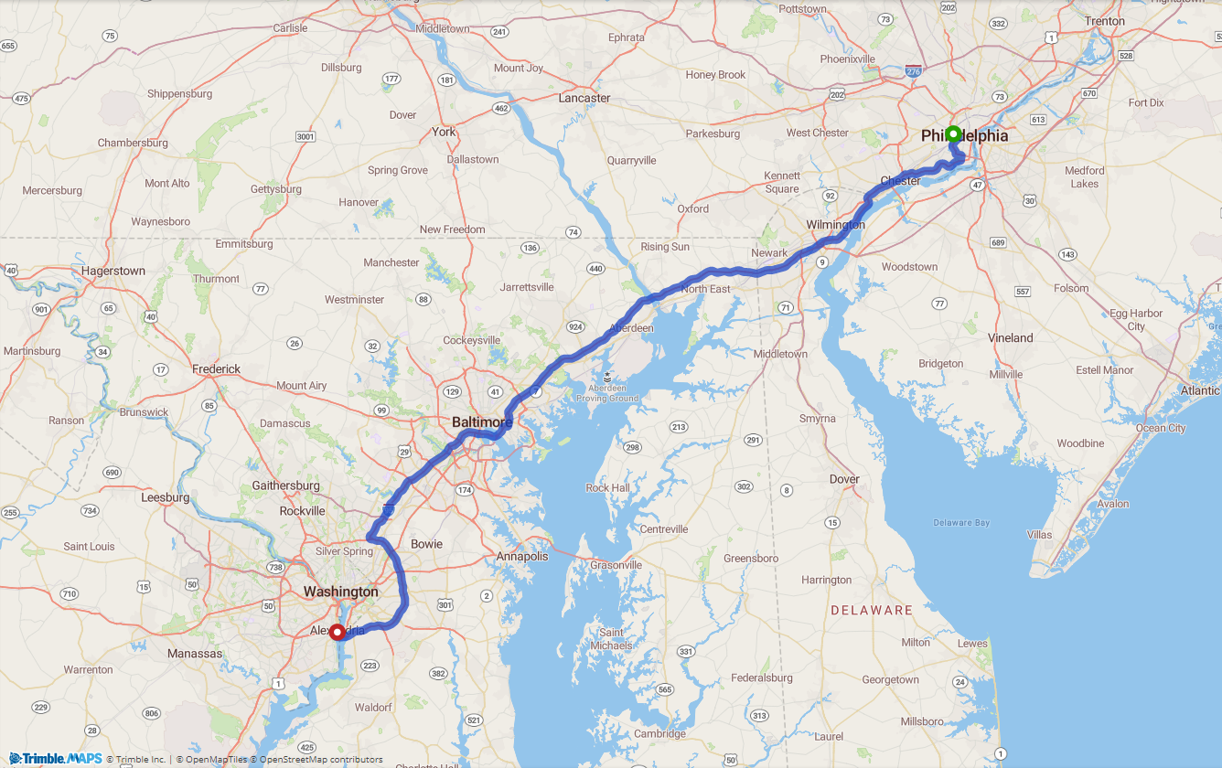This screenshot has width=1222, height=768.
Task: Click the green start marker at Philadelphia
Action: (x=952, y=133)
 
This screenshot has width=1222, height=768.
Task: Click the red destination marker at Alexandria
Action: (x=337, y=632)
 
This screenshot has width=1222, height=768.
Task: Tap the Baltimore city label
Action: (x=481, y=422)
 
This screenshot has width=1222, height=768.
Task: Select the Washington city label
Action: (x=340, y=592)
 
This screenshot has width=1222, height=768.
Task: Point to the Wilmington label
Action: (x=835, y=225)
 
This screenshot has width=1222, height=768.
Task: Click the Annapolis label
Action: (x=522, y=557)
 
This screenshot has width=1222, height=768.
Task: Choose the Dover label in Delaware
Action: (x=844, y=479)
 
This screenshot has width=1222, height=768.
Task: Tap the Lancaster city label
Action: (x=584, y=98)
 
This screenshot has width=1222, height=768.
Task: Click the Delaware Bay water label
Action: (x=961, y=523)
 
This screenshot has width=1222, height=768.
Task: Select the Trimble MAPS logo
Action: (x=56, y=759)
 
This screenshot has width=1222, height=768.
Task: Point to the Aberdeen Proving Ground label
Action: (x=606, y=392)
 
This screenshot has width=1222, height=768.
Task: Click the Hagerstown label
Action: (x=113, y=271)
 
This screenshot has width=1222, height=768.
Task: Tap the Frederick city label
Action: (x=216, y=369)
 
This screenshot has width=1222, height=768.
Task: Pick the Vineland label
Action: (x=1010, y=337)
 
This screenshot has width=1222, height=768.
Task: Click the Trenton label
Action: (x=1104, y=21)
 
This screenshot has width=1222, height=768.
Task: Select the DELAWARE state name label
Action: (x=871, y=610)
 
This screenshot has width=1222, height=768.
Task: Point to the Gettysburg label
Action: (x=276, y=189)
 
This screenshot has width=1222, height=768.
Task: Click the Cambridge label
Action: (x=659, y=733)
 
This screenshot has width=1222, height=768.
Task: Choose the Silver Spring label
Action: (x=344, y=551)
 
